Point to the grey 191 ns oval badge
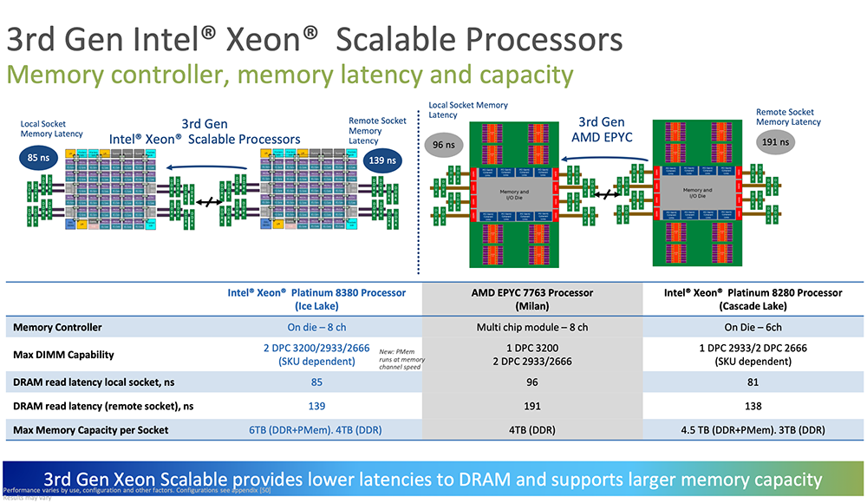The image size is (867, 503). point(774,142)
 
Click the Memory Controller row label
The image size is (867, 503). point(58,327)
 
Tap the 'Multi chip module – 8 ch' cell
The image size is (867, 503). point(532,327)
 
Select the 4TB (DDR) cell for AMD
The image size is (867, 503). point(532,429)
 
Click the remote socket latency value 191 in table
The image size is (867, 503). point(532,405)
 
